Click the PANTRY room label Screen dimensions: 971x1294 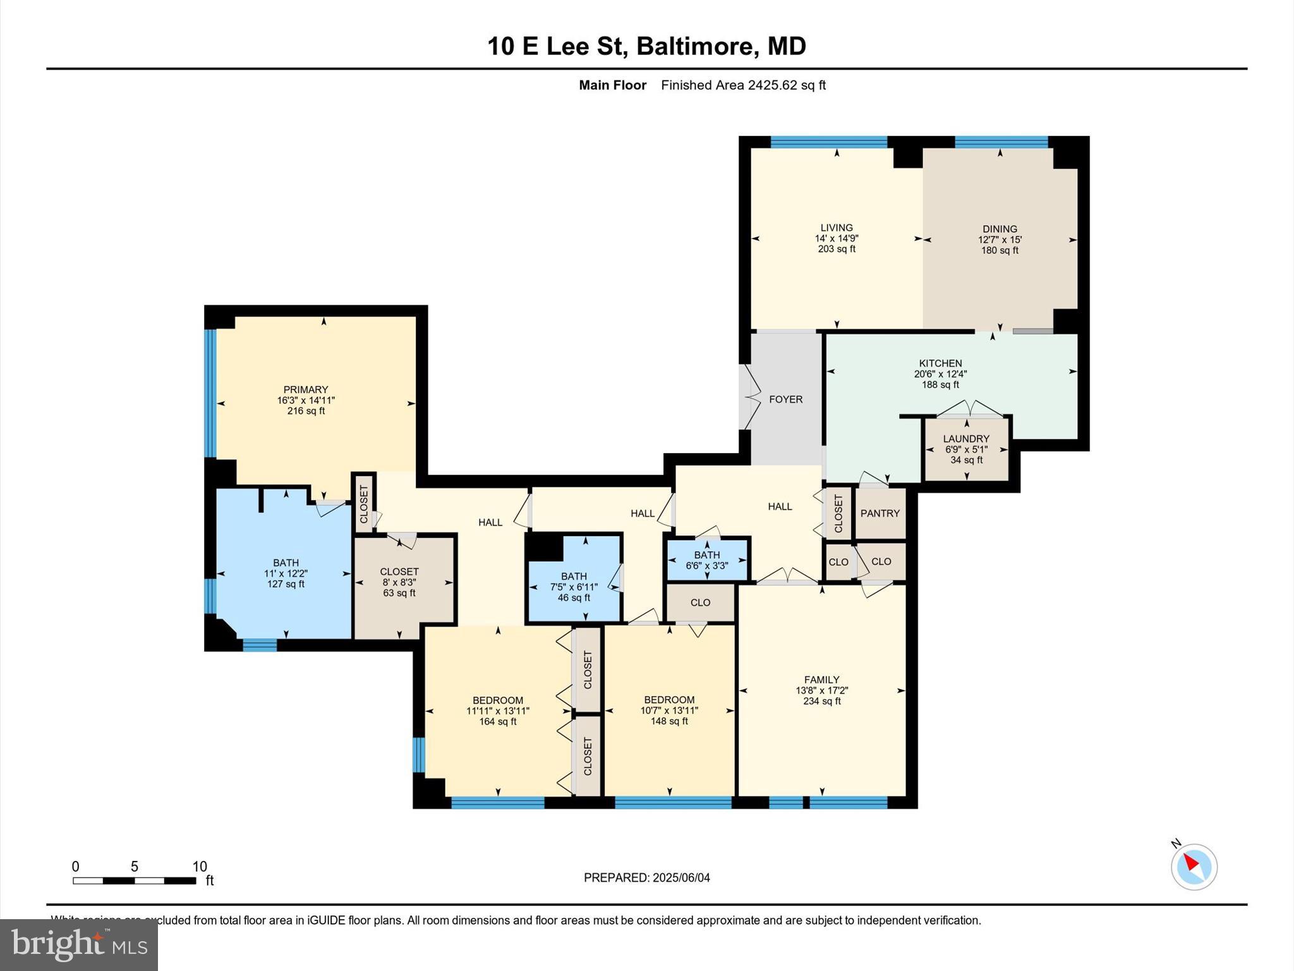pos(880,513)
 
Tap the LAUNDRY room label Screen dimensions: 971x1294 pos(966,439)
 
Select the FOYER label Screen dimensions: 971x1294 pos(785,400)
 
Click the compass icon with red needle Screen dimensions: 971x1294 pos(1194,867)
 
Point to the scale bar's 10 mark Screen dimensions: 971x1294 pos(200,867)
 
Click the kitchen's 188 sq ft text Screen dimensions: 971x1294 pos(940,384)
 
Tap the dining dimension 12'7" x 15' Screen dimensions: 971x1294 pos(1000,240)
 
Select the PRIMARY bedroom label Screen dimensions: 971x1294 pos(306,389)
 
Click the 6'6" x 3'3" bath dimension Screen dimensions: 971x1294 pos(706,566)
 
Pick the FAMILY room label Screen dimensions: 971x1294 pos(821,680)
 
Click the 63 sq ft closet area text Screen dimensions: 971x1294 pos(399,593)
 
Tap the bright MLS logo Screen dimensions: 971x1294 pos(79,945)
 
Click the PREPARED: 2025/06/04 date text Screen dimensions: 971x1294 pos(646,877)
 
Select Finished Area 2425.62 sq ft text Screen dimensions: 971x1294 pos(743,85)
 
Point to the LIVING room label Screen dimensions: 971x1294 pos(837,228)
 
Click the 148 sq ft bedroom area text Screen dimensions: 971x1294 pos(669,721)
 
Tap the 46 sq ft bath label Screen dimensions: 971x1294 pos(574,597)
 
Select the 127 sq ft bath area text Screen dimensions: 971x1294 pos(286,584)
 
